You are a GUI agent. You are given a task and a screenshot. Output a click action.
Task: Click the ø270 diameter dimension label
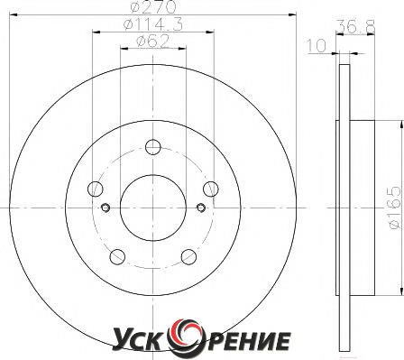[x=153, y=6]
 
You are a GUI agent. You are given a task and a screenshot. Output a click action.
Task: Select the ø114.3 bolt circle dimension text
[x=153, y=23]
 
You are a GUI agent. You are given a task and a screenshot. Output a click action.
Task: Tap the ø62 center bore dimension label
[x=153, y=41]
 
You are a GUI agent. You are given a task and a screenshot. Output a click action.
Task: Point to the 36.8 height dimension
[x=355, y=26]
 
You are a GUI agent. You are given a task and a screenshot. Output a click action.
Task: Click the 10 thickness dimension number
[x=317, y=46]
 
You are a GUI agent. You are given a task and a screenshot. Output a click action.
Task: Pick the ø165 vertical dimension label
[x=395, y=208]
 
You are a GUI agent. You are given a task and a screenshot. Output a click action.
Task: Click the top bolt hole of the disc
[x=153, y=147]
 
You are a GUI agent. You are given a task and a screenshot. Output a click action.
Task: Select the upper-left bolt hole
[x=96, y=189]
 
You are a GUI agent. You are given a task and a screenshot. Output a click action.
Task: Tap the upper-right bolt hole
[x=211, y=189]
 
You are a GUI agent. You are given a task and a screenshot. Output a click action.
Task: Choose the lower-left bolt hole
[x=117, y=257]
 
